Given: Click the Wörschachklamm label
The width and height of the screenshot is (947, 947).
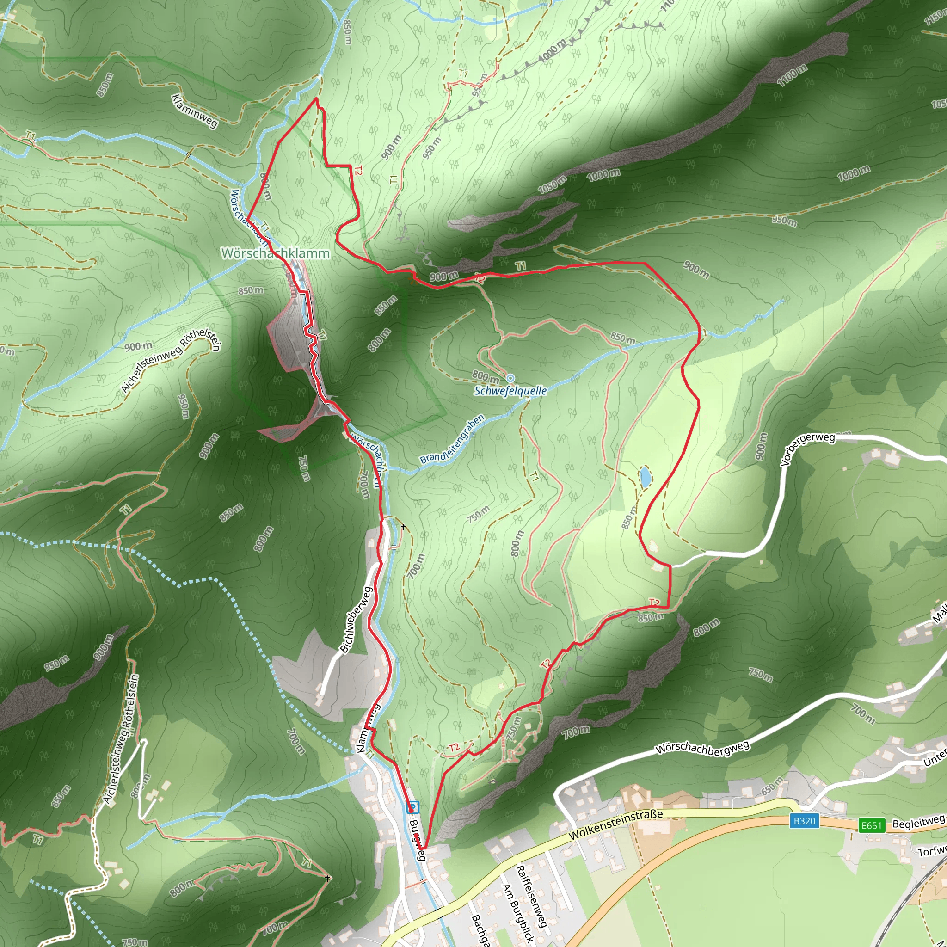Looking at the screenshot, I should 275,253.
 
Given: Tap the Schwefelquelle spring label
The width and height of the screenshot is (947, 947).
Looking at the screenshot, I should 510,391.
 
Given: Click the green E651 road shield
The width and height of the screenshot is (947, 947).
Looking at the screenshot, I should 872,825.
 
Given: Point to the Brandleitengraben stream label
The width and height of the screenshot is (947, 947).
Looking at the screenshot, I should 452,439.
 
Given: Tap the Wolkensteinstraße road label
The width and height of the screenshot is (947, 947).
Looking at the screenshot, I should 615,824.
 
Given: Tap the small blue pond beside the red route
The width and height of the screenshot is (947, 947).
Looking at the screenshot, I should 645,476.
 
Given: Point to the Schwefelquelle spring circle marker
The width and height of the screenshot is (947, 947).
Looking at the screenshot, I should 510,378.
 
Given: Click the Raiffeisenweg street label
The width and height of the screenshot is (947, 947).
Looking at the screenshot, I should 531,897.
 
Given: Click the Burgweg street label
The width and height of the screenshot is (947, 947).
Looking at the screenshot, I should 417,839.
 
